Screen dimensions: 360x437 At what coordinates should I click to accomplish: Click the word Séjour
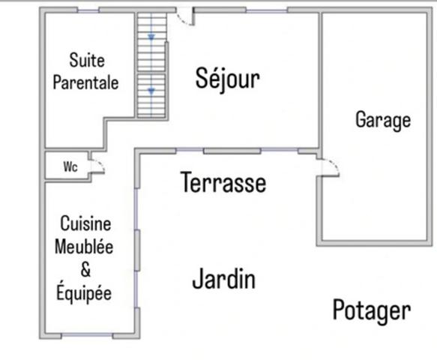point(227,78)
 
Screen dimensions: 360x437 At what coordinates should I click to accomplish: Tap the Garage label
point(383,120)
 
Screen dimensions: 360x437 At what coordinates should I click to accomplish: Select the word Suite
point(86,60)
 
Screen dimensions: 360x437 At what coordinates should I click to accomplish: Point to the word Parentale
point(85,82)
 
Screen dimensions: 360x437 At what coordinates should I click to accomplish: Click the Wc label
point(70,167)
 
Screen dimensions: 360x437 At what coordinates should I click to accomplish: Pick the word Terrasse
point(223,182)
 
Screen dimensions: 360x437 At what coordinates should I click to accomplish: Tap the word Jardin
point(223,280)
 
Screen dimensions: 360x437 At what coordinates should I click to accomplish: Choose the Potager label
point(372,310)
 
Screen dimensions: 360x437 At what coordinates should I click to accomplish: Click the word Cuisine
point(85,223)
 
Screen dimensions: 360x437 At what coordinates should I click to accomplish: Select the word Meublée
point(84,247)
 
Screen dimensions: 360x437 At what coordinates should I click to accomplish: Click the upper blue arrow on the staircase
point(151,37)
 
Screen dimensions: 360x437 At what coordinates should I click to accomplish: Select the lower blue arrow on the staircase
point(151,90)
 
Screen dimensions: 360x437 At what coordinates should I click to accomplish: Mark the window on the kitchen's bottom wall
point(82,334)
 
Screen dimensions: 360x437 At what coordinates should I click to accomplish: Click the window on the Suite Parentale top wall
point(88,10)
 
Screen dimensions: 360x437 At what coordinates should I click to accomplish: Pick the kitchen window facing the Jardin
point(137,250)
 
